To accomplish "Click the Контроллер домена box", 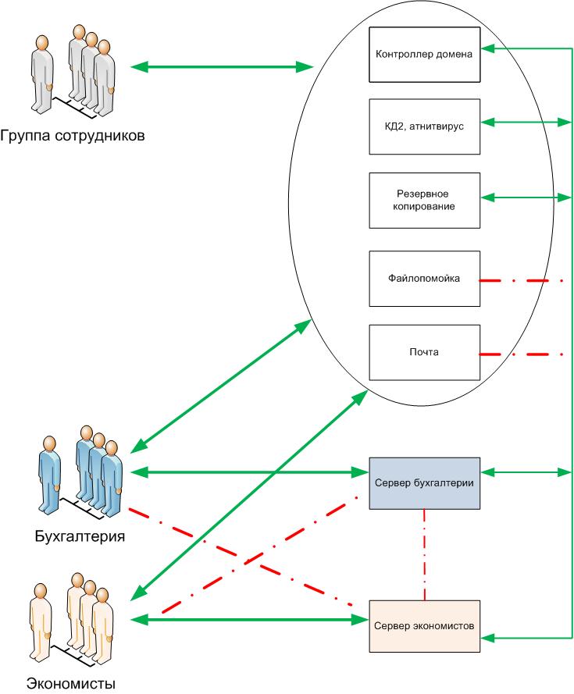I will click(423, 53).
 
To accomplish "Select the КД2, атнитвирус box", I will click(423, 126).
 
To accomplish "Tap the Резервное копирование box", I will click(423, 199).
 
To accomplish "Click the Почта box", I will click(423, 352).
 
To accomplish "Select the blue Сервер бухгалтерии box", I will click(423, 482).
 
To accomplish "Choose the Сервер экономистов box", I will click(423, 626).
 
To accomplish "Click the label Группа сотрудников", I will click(72, 134).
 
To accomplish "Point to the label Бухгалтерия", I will click(80, 536).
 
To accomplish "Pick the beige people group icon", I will click(73, 617).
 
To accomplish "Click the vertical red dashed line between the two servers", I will click(424, 553).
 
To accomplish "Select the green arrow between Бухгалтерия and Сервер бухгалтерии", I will click(250, 472).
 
